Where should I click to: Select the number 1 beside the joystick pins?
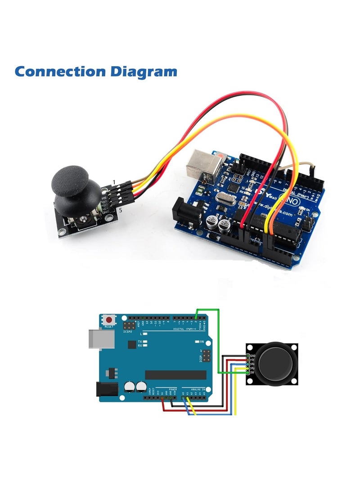click(114, 182)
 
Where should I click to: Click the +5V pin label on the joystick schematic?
click(252, 360)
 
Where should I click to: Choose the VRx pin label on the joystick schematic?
click(252, 364)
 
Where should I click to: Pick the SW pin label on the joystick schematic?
click(252, 372)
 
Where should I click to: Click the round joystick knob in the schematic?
click(277, 364)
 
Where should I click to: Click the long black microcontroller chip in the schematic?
click(175, 375)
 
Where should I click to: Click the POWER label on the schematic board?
click(173, 389)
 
